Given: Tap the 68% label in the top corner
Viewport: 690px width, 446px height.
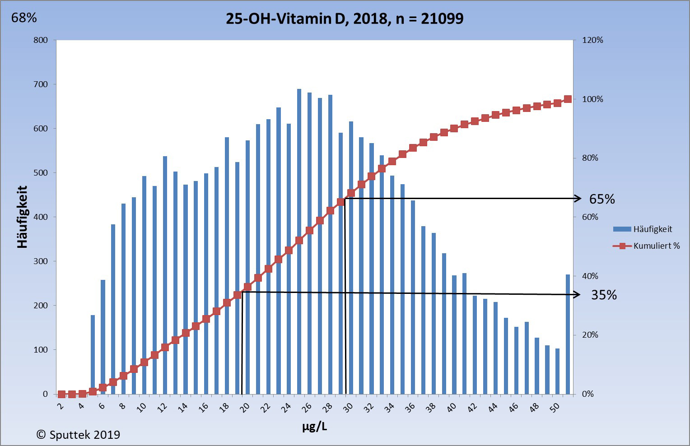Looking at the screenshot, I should click(24, 18).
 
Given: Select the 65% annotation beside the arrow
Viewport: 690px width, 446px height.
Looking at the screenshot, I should click(602, 199).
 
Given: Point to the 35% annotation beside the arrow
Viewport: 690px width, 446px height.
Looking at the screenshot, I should click(604, 295).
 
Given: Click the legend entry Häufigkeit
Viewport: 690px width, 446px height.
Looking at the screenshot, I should click(652, 229).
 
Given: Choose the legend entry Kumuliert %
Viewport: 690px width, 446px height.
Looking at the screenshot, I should click(656, 246).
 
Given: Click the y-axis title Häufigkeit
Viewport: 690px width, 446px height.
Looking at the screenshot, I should click(22, 217).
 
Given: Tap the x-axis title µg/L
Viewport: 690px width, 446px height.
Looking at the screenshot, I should click(315, 426).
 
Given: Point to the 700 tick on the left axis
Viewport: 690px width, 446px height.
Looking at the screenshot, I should click(40, 84).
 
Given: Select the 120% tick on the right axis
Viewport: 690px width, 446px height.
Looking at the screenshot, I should click(592, 40).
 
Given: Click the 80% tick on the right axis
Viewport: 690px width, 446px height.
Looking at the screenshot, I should click(590, 158).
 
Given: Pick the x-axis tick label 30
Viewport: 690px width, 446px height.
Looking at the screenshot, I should click(348, 408).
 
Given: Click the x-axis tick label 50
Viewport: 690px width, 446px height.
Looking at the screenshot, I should click(555, 408).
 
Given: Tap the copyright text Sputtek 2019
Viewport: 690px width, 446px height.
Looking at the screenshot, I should click(78, 435).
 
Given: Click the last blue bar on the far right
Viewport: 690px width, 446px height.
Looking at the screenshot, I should click(568, 334).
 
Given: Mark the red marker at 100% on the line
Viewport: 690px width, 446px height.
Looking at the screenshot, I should click(568, 99).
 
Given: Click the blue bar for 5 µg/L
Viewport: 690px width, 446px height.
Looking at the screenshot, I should click(93, 354).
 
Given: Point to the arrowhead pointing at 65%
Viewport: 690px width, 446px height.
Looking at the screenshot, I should click(578, 199).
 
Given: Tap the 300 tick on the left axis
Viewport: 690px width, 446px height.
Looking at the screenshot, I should click(40, 261).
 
